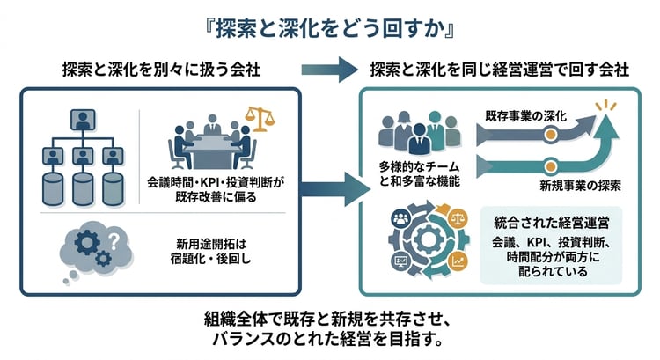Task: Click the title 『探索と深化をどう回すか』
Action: pos(330,26)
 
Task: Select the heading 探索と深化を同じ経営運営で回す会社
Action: pos(500,69)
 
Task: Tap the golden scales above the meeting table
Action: pos(258,117)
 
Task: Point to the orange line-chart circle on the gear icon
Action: pos(458,261)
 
